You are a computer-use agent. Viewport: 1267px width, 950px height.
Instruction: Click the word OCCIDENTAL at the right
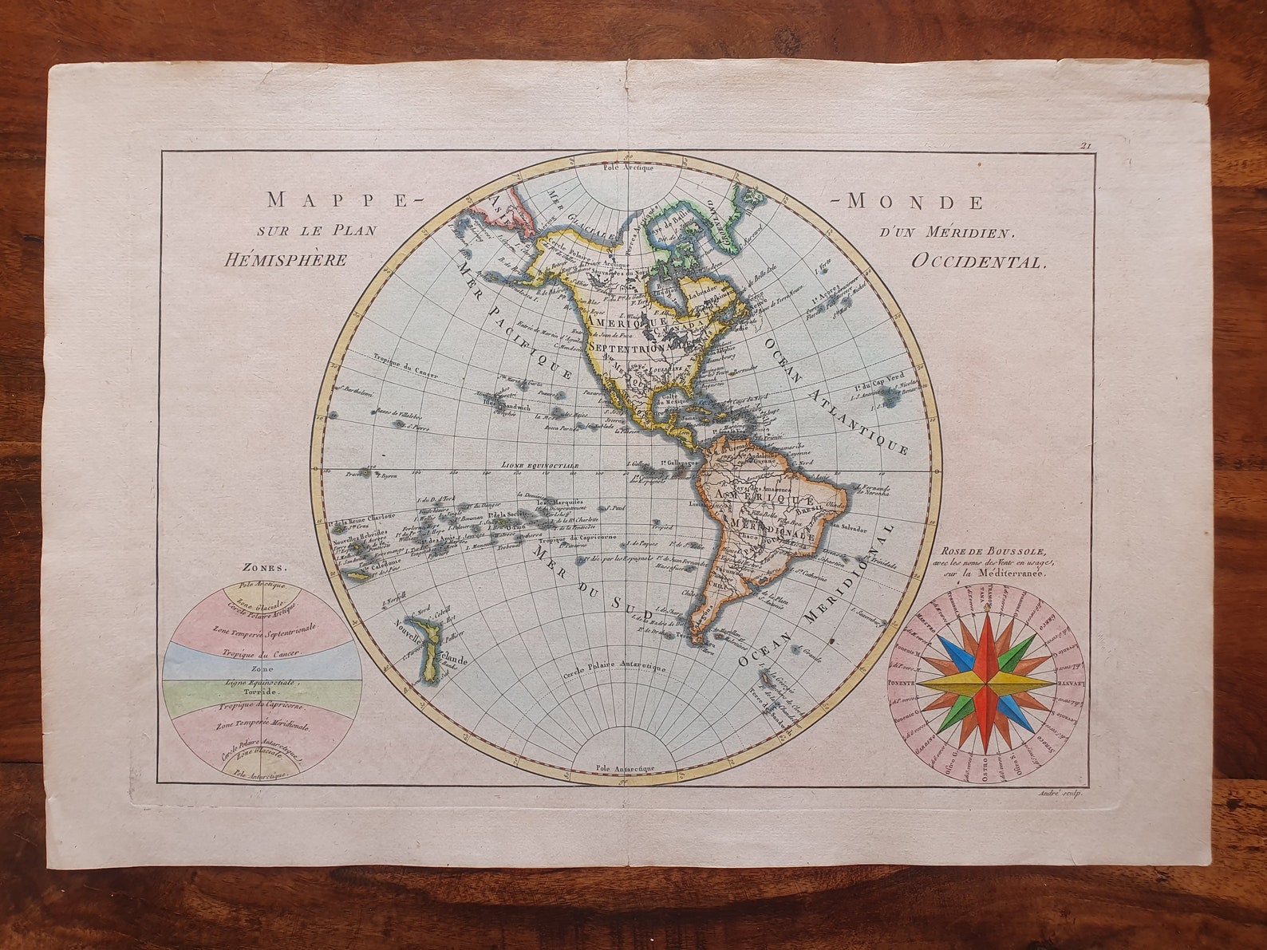tap(977, 262)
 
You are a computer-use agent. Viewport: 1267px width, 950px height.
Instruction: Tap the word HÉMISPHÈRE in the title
tap(286, 260)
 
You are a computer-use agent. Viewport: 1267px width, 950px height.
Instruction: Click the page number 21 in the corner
tap(1085, 145)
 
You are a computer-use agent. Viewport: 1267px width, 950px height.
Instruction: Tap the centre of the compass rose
tap(987, 684)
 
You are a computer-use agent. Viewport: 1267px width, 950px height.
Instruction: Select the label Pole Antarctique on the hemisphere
tap(626, 768)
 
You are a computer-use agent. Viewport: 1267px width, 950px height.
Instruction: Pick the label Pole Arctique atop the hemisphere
tap(628, 168)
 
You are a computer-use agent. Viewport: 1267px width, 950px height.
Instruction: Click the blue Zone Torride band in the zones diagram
tap(262, 662)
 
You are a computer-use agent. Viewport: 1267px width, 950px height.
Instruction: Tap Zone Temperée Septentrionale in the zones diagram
tap(264, 629)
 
